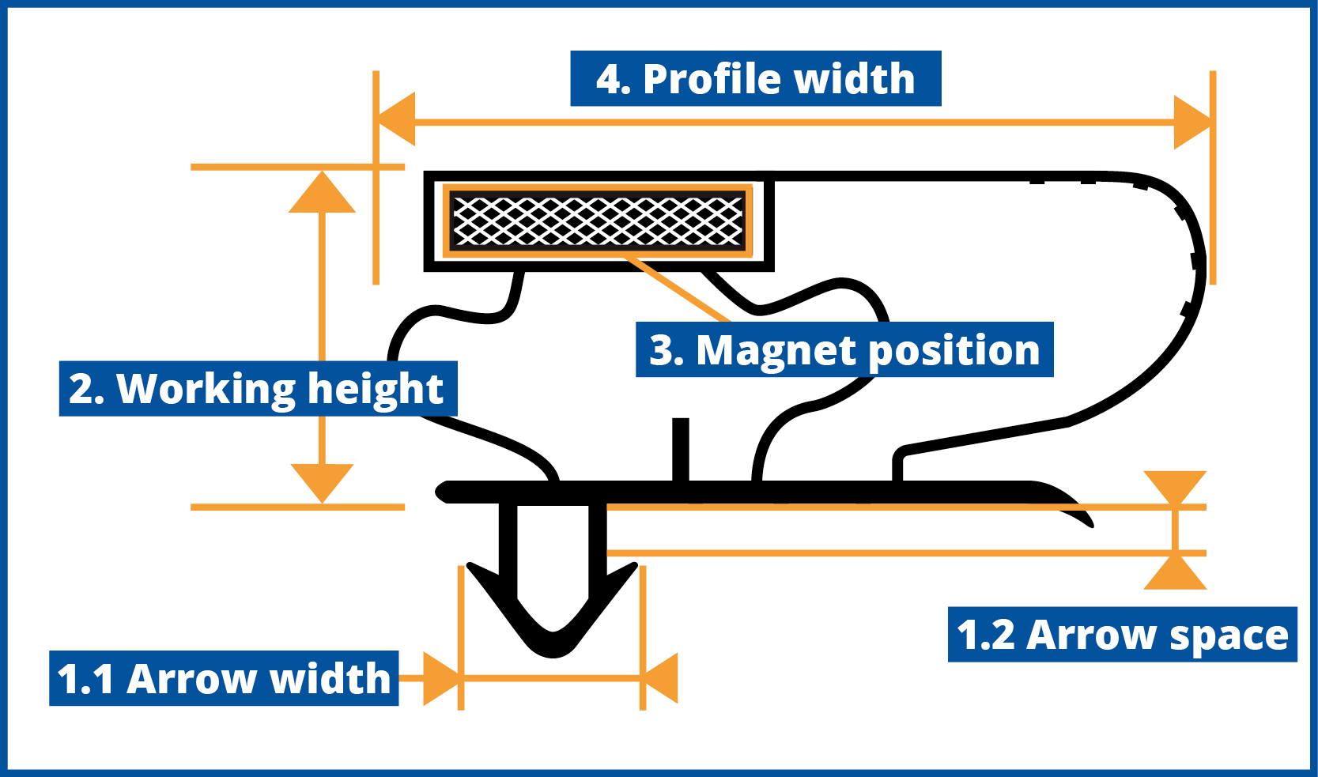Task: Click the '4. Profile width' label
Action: [756, 78]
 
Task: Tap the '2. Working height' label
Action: [259, 388]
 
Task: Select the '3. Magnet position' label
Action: [844, 349]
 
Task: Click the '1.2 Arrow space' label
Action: [1122, 634]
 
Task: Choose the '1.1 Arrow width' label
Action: [224, 677]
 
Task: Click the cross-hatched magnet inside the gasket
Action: [598, 221]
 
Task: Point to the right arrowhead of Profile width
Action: [1192, 123]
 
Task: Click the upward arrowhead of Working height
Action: [322, 192]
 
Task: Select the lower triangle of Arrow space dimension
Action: [1175, 572]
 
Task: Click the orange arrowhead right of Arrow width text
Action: [441, 678]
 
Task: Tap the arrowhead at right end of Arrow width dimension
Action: [659, 678]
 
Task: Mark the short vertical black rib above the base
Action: [681, 451]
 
